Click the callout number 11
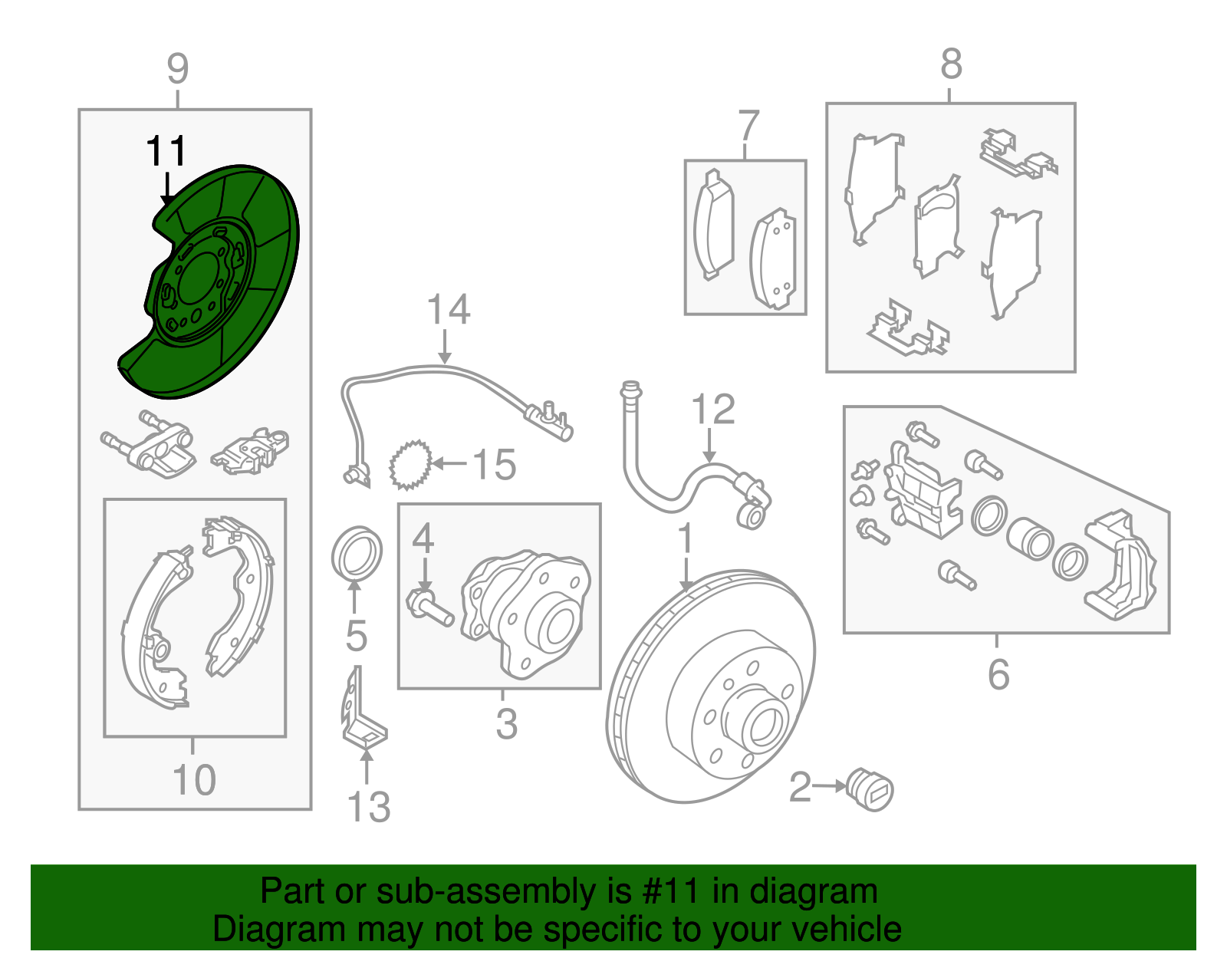166,151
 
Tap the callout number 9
177,68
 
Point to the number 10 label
194,779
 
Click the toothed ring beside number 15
410,465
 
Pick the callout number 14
449,309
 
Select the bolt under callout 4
430,607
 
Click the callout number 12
713,409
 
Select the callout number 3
506,724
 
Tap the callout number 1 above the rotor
685,538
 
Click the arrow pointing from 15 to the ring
449,464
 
